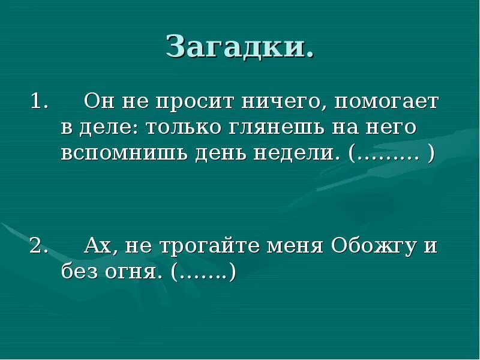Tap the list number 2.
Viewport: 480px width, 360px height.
tap(38, 246)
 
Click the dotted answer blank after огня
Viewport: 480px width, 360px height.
tap(204, 273)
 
